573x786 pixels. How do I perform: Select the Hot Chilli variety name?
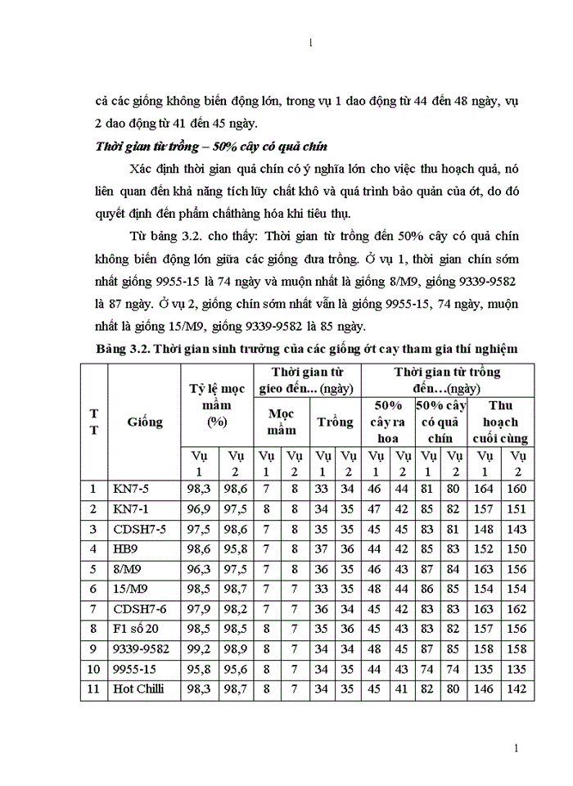point(138,689)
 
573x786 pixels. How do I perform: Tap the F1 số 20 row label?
point(136,629)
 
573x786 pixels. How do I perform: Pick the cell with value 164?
point(485,489)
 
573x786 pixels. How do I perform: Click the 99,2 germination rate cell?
point(200,648)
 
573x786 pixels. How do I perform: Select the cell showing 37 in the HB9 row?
point(323,549)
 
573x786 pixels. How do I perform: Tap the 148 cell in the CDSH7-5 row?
point(485,529)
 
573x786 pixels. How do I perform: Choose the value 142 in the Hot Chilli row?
point(517,689)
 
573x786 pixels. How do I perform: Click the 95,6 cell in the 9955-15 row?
point(236,669)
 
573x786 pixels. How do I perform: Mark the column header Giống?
point(144,422)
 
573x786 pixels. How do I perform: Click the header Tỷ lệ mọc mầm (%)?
point(217,404)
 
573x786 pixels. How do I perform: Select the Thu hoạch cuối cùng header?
point(501,422)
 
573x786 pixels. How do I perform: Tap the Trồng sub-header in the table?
point(335,422)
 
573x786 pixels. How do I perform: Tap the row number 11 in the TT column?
point(95,689)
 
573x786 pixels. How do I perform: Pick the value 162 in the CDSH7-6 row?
point(517,608)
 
